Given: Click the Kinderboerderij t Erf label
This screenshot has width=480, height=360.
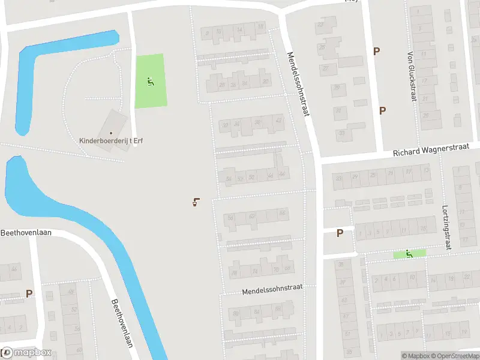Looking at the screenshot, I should point(111,141).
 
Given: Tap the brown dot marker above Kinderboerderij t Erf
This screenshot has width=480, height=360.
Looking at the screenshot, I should point(111,133).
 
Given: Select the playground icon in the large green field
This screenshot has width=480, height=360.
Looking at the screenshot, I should point(150,81).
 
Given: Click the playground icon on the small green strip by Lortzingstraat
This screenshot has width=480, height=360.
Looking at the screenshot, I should point(409,254).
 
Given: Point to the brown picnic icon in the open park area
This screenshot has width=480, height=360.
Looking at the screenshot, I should point(196,202).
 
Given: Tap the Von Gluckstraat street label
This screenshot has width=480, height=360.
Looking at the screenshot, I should point(411,76).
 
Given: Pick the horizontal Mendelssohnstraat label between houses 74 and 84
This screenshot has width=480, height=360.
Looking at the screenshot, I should point(272,290).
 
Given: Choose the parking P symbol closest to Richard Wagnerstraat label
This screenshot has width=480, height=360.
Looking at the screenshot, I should point(382,110).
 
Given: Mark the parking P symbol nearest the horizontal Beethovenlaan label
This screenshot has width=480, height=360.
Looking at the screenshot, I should point(29,293).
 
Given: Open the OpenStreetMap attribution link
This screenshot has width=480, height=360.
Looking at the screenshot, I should point(457,356).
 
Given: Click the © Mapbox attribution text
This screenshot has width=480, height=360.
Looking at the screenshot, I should point(416,356).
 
